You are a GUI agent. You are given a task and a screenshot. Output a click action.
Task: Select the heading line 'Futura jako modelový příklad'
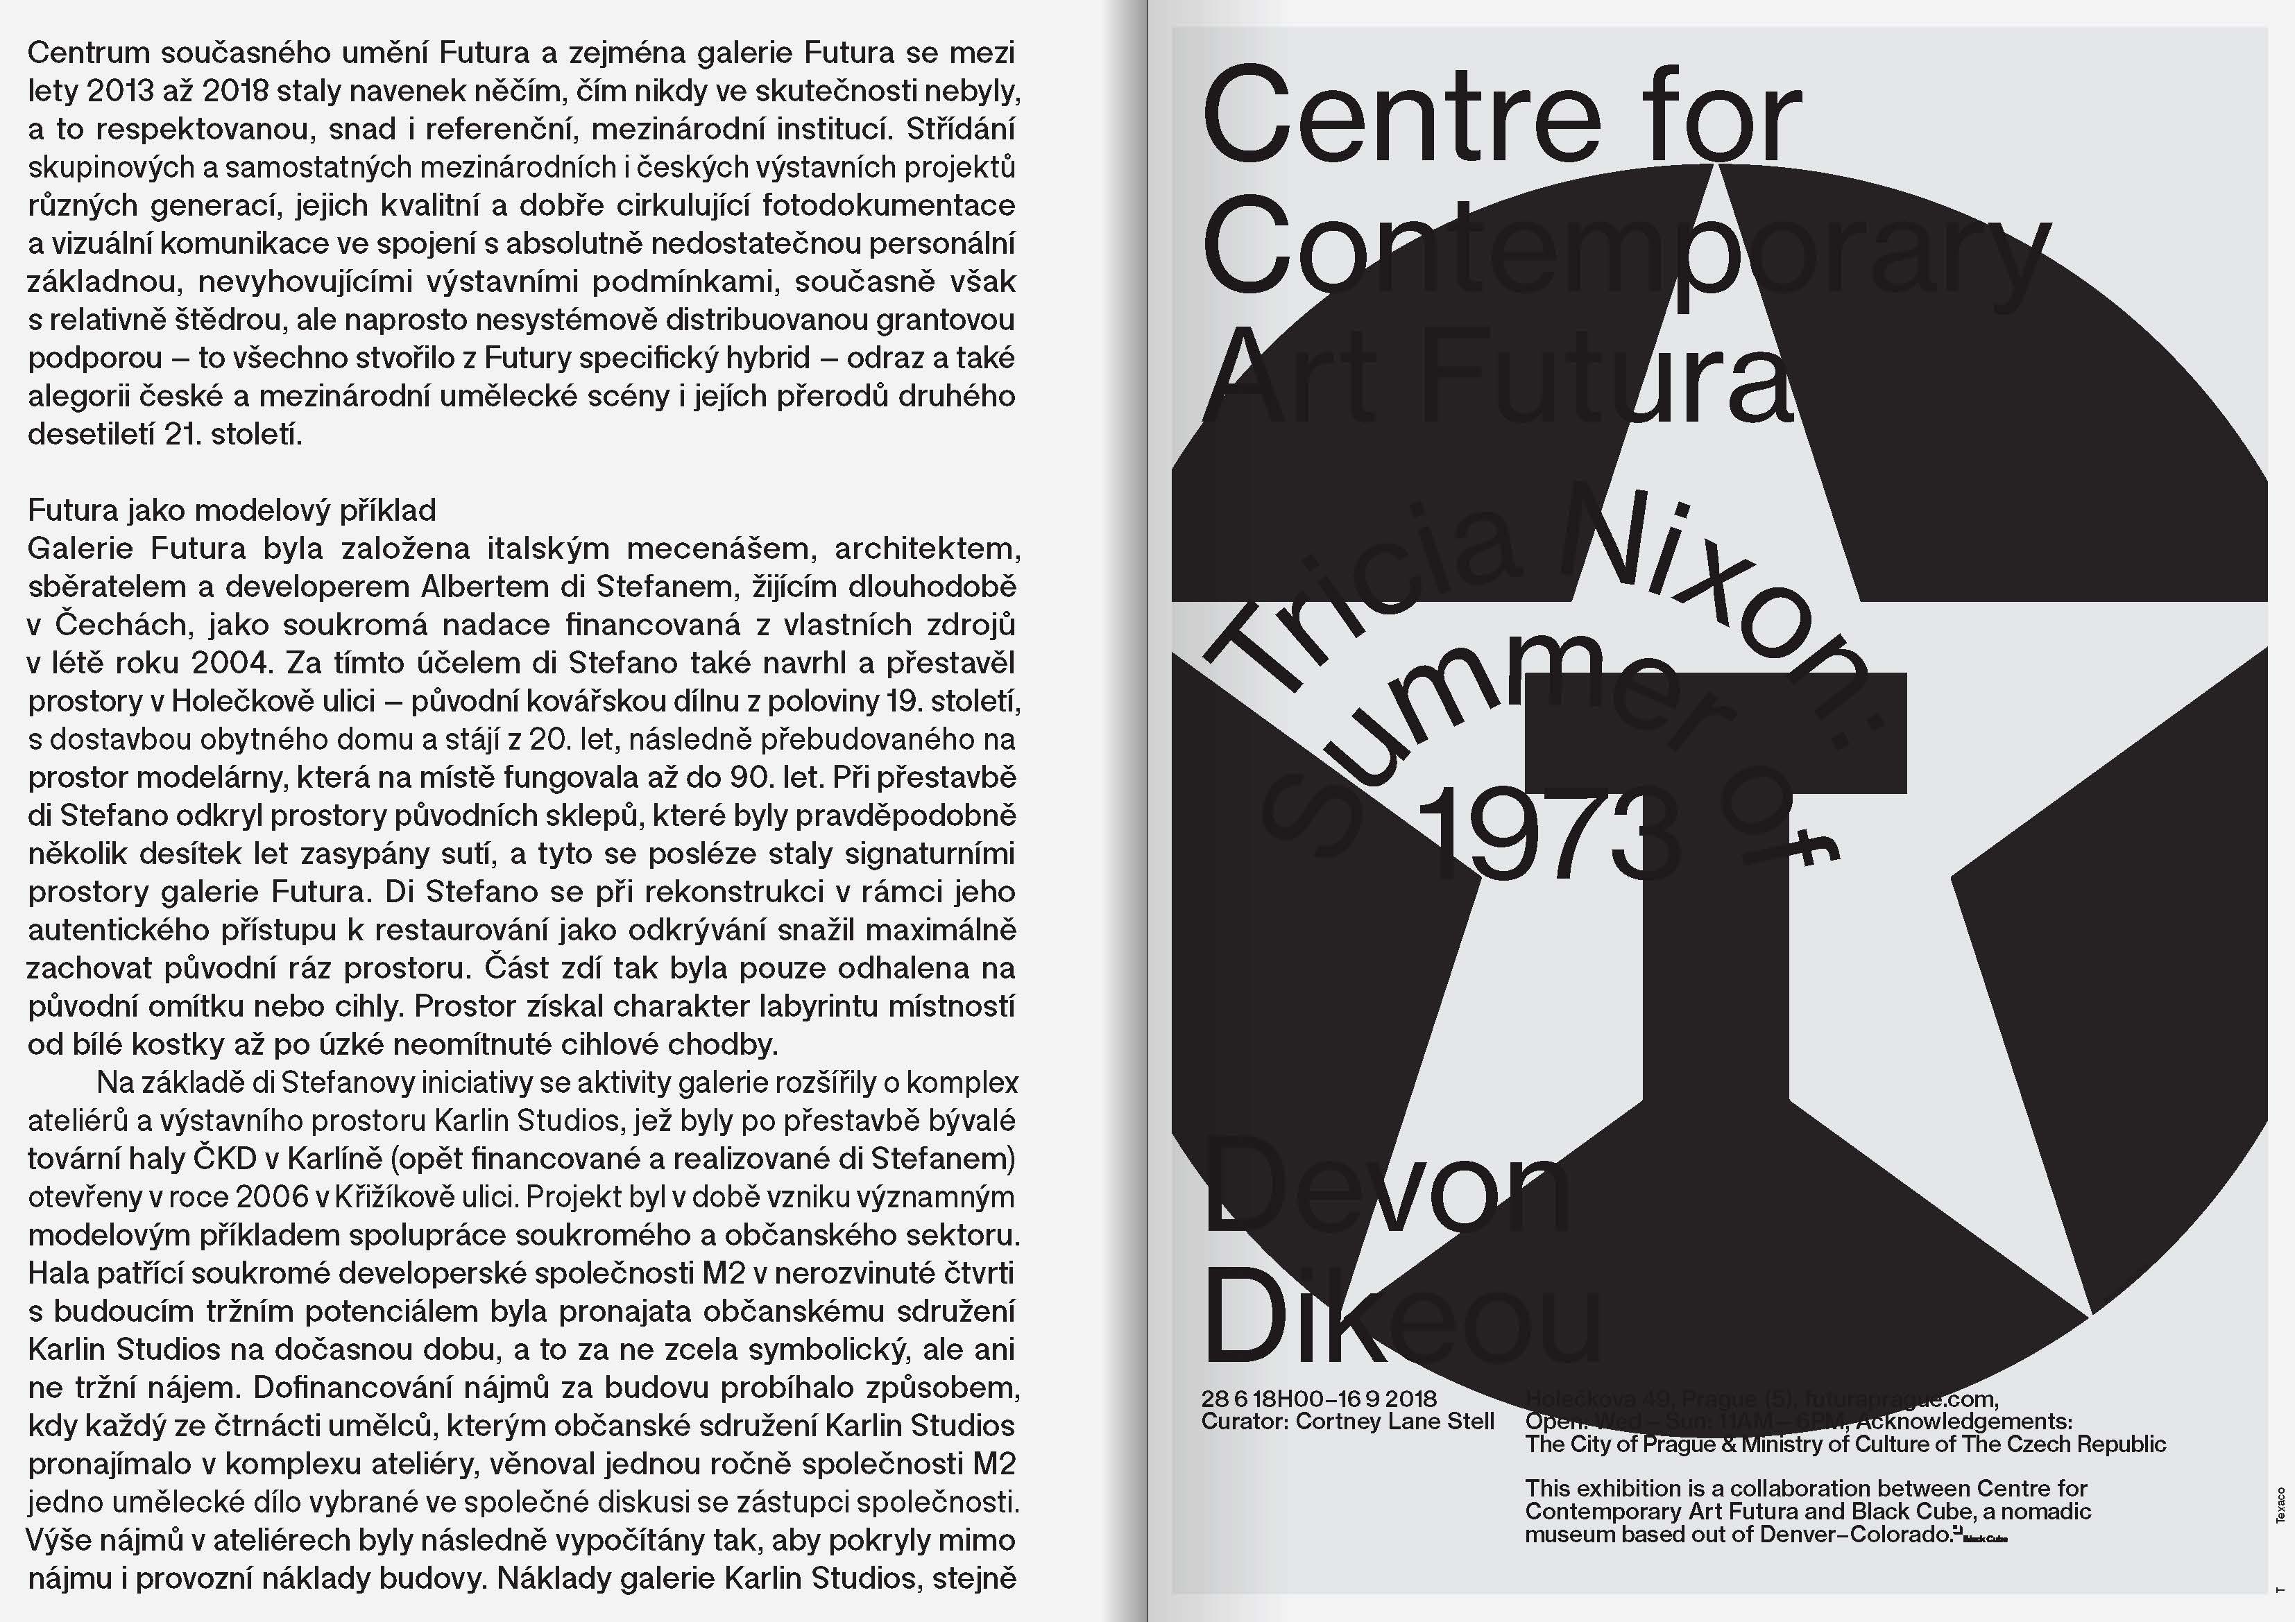pos(232,510)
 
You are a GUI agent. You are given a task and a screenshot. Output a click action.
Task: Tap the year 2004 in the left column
pos(235,662)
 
